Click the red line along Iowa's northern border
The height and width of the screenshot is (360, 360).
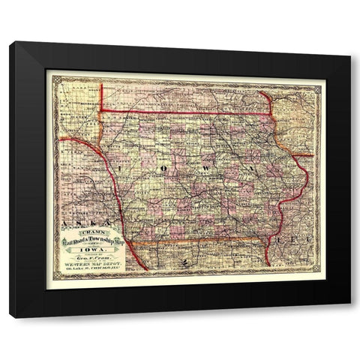point(187,113)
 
